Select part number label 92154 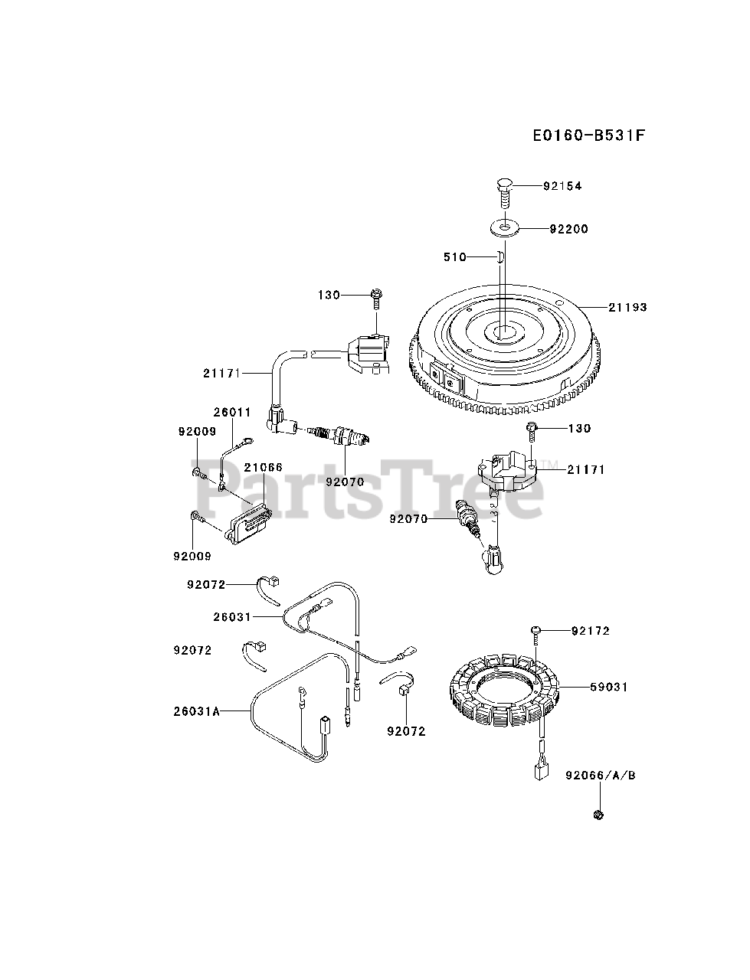point(562,186)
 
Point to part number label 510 point(455,257)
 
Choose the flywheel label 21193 point(627,307)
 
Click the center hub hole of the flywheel point(504,332)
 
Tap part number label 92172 point(591,631)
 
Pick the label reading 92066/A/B point(601,775)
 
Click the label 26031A point(196,711)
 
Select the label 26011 point(231,412)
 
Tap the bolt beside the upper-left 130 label point(376,295)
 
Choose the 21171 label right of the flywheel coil point(585,469)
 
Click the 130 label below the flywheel point(578,428)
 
